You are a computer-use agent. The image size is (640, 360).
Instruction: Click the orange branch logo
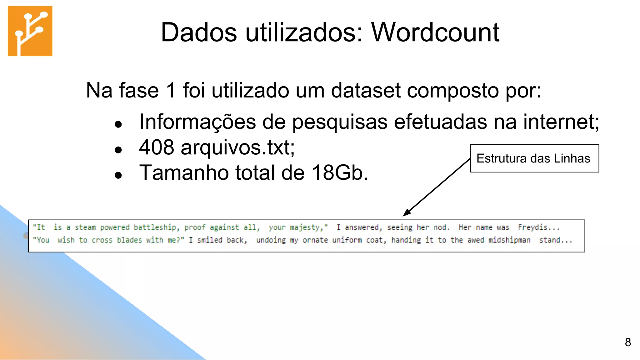tap(30, 31)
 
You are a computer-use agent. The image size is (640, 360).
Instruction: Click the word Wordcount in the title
tap(435, 32)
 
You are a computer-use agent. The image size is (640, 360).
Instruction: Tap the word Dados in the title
tap(199, 32)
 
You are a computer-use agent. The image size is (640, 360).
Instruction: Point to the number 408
tap(156, 147)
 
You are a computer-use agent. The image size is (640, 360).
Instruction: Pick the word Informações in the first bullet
tap(197, 122)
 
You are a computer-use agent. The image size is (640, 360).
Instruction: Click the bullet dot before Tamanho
tap(118, 175)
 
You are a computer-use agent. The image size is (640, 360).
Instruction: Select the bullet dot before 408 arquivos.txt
tap(118, 150)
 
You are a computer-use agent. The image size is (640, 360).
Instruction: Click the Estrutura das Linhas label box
tap(534, 158)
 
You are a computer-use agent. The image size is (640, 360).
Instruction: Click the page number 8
tap(628, 342)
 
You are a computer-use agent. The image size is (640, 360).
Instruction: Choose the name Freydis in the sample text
tap(532, 227)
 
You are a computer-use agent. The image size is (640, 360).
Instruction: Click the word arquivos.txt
tap(237, 147)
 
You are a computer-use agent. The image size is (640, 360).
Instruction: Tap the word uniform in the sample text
tap(347, 240)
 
